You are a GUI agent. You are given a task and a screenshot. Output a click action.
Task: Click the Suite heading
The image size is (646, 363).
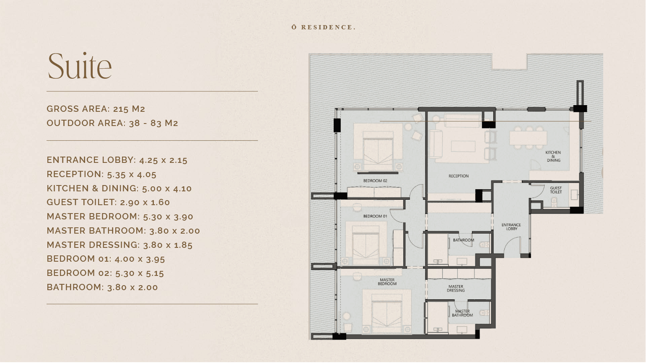[x=80, y=66]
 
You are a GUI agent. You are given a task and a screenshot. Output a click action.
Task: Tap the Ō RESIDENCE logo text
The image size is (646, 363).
[x=324, y=27]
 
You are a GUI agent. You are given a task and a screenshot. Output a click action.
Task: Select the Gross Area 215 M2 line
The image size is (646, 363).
[x=96, y=109]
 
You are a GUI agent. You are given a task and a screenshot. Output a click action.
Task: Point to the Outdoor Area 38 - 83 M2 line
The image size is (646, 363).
[x=112, y=123]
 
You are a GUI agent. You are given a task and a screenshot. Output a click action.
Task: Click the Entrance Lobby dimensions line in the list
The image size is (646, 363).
[x=117, y=160]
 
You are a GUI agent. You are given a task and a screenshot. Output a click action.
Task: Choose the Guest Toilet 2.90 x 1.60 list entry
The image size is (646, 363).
[x=108, y=202]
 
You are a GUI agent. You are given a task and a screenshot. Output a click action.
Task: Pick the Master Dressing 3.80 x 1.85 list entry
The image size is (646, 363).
[x=119, y=245]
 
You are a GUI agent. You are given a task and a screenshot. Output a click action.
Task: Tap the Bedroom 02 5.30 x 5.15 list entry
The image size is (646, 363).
[x=105, y=273]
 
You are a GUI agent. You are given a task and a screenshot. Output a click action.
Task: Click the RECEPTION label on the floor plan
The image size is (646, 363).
[x=459, y=176]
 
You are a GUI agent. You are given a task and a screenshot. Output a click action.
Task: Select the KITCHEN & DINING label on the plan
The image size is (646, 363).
[x=553, y=157]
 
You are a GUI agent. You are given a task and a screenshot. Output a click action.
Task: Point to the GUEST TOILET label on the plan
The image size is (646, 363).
[x=556, y=190]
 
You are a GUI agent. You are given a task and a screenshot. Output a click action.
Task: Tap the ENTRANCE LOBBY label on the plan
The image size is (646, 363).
[x=511, y=227]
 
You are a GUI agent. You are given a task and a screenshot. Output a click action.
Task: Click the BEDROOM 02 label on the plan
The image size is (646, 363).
[x=375, y=181]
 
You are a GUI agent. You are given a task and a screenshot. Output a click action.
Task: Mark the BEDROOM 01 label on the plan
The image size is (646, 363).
[x=375, y=216]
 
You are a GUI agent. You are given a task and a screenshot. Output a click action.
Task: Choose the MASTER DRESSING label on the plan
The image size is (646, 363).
[x=456, y=288]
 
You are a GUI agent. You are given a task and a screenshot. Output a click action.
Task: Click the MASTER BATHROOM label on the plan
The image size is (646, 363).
[x=462, y=314]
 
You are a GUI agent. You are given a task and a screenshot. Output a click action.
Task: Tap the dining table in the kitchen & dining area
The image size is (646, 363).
[x=528, y=138]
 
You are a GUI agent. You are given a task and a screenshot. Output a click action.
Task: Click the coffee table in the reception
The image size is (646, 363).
[x=463, y=147]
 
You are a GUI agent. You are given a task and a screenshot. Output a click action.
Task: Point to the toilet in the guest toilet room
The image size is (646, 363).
[x=554, y=202]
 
